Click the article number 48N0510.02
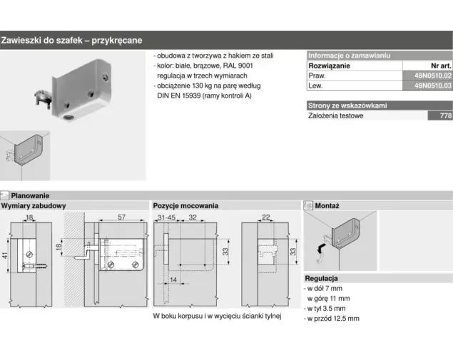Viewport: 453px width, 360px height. [x=432, y=76]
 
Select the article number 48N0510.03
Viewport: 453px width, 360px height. [x=432, y=86]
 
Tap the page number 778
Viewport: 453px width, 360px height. [x=445, y=115]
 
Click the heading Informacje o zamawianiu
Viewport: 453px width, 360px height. [x=349, y=56]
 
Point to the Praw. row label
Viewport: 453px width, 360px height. [x=317, y=76]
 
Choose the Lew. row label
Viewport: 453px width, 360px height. [x=315, y=86]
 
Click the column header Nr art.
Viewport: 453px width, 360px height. [x=441, y=66]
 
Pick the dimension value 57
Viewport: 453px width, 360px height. [x=121, y=217]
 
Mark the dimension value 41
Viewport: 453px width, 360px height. [x=5, y=255]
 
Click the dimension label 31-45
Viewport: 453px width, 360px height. [x=166, y=217]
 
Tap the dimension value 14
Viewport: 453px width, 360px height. [x=173, y=279]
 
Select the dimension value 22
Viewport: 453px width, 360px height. [x=266, y=217]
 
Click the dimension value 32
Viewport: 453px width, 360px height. [x=193, y=217]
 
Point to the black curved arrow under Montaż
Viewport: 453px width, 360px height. [x=320, y=248]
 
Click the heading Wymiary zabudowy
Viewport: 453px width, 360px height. [x=34, y=206]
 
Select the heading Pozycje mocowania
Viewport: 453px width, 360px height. [x=185, y=206]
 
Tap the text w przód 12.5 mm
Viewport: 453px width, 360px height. [x=333, y=319]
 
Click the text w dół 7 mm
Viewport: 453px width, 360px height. [x=325, y=289]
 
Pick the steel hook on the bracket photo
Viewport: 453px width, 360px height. [x=44, y=97]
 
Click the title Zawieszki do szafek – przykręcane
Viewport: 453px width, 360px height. [x=71, y=40]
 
